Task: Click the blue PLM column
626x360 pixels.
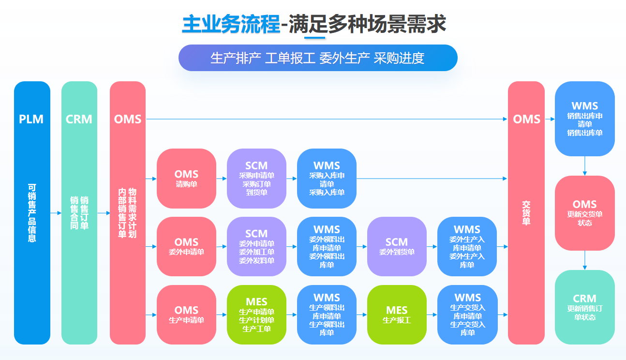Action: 32,213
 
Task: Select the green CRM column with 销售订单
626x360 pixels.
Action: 79,213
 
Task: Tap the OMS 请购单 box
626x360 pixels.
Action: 186,179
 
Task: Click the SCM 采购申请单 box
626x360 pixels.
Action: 256,179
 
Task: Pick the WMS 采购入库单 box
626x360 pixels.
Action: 327,179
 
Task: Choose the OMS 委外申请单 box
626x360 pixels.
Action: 186,246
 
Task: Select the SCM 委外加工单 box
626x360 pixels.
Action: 256,246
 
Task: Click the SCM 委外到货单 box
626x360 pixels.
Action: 397,246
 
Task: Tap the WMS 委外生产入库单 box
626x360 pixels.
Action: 467,246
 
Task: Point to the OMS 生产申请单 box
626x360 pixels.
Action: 186,315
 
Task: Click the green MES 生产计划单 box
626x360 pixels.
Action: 256,315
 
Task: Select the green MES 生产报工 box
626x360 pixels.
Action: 397,315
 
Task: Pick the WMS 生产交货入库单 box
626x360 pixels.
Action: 467,315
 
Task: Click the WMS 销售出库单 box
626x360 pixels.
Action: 584,119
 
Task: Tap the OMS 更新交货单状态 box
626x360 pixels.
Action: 584,213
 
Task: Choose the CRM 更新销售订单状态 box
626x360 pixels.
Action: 584,307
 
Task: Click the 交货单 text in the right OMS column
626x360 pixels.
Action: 526,213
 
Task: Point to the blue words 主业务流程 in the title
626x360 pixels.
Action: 231,24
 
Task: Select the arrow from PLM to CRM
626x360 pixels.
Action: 56,213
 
